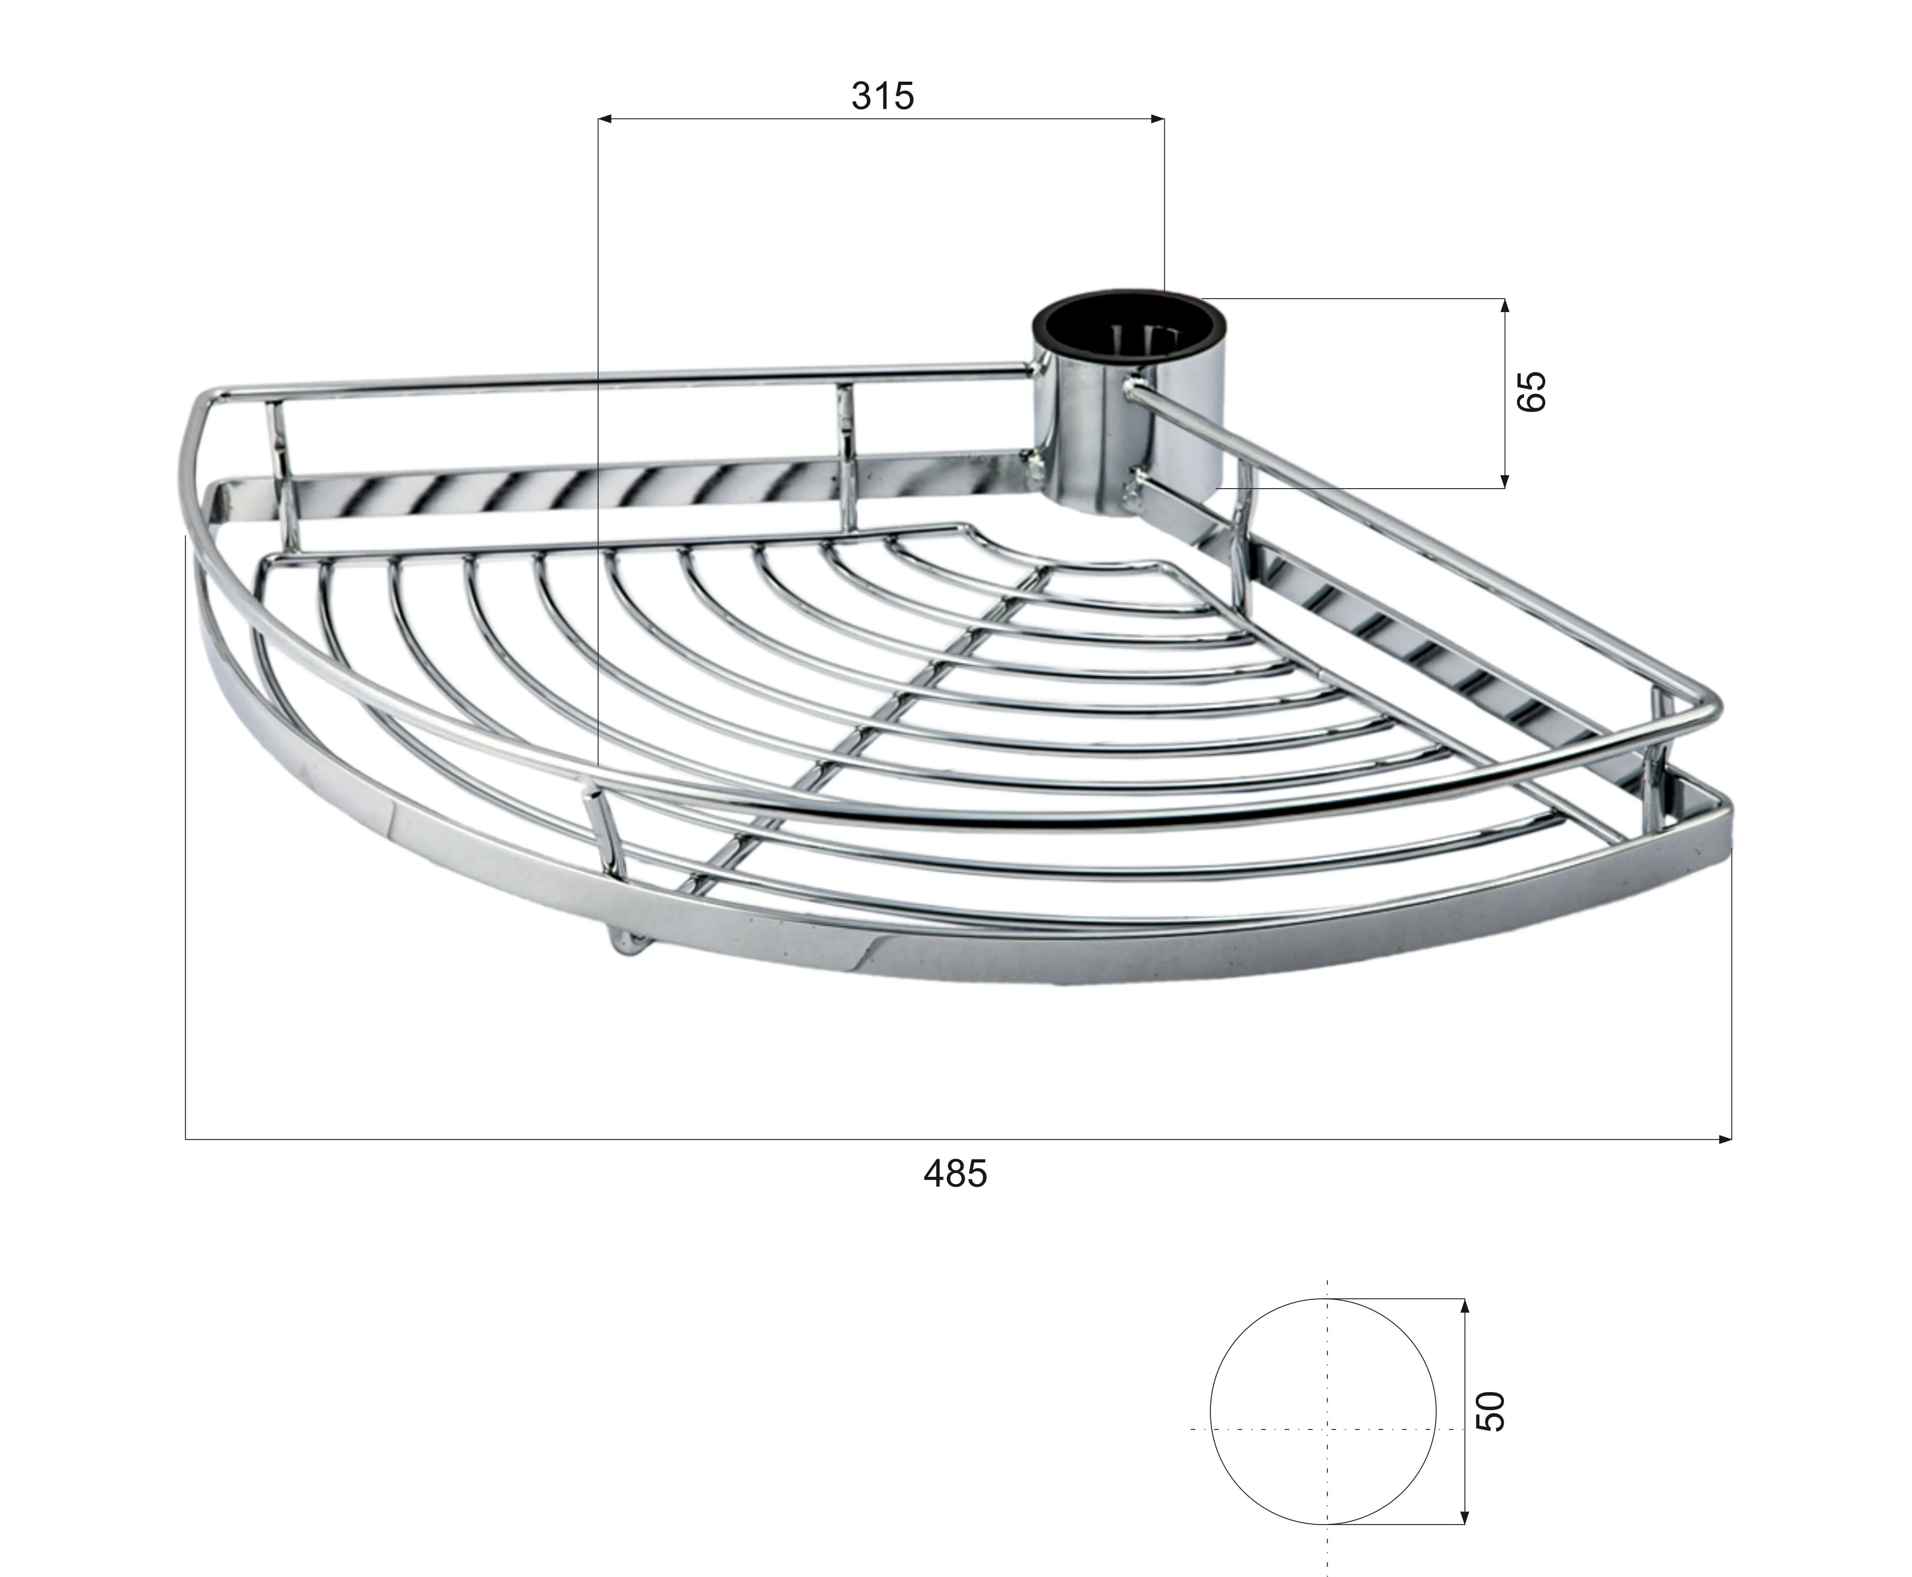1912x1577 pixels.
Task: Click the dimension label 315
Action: [x=882, y=95]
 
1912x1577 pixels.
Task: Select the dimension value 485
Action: [x=954, y=1174]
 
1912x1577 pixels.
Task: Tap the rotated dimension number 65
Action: [x=1530, y=392]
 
